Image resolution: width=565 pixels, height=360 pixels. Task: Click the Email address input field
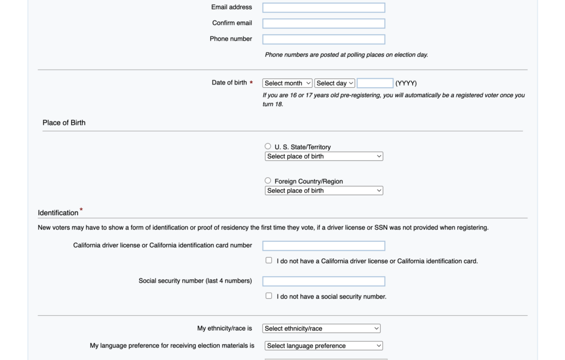[x=323, y=8]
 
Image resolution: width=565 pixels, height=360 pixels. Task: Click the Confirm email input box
[x=323, y=24]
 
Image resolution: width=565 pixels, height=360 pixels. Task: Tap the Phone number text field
[x=323, y=39]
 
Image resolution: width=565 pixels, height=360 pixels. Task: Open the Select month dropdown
[x=287, y=83]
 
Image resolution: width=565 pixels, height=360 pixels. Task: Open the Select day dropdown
[x=335, y=83]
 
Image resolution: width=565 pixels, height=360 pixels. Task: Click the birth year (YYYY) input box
[x=375, y=83]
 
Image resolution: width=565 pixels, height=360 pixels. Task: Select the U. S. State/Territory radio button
[x=268, y=146]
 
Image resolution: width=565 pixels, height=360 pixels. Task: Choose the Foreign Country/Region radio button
[x=268, y=181]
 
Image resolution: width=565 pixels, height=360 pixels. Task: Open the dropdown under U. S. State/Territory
[x=324, y=156]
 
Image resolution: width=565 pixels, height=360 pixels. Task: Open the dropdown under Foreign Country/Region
[x=324, y=190]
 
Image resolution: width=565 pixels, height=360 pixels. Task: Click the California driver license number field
[x=323, y=246]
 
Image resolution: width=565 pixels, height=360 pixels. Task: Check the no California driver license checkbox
[x=269, y=260]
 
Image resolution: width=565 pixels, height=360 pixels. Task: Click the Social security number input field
[x=323, y=281]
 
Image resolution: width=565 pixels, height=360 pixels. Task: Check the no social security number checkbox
[x=269, y=296]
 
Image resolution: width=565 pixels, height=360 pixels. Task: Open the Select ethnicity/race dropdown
[x=322, y=329]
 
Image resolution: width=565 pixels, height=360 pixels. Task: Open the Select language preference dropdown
[x=324, y=346]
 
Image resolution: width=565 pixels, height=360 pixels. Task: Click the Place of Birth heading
[x=64, y=123]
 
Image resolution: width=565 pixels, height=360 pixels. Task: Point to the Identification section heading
[x=58, y=213]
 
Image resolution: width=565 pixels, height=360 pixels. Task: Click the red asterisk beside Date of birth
[x=251, y=83]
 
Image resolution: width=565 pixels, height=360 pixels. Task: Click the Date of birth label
[x=229, y=83]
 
